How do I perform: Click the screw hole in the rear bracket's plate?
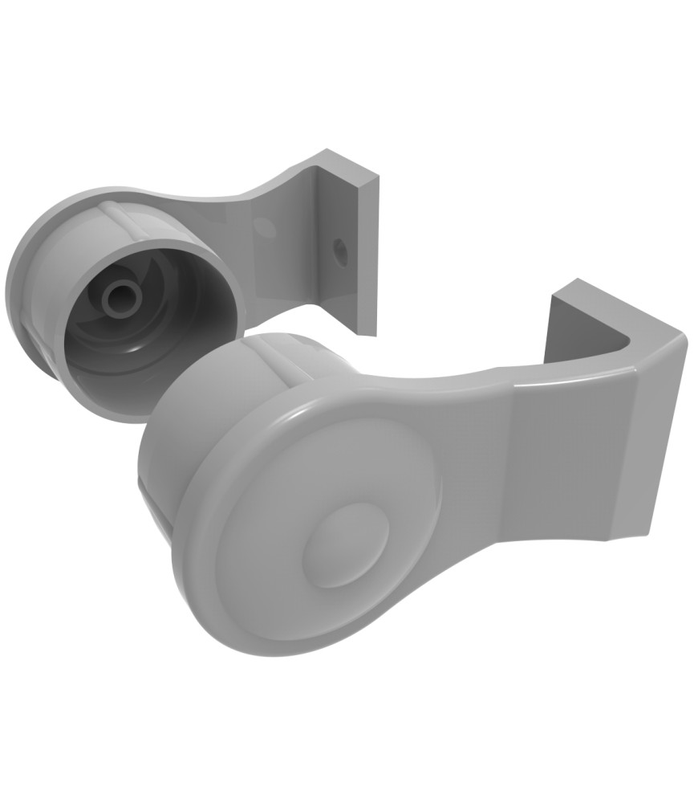339,249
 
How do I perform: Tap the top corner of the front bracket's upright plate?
576,282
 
